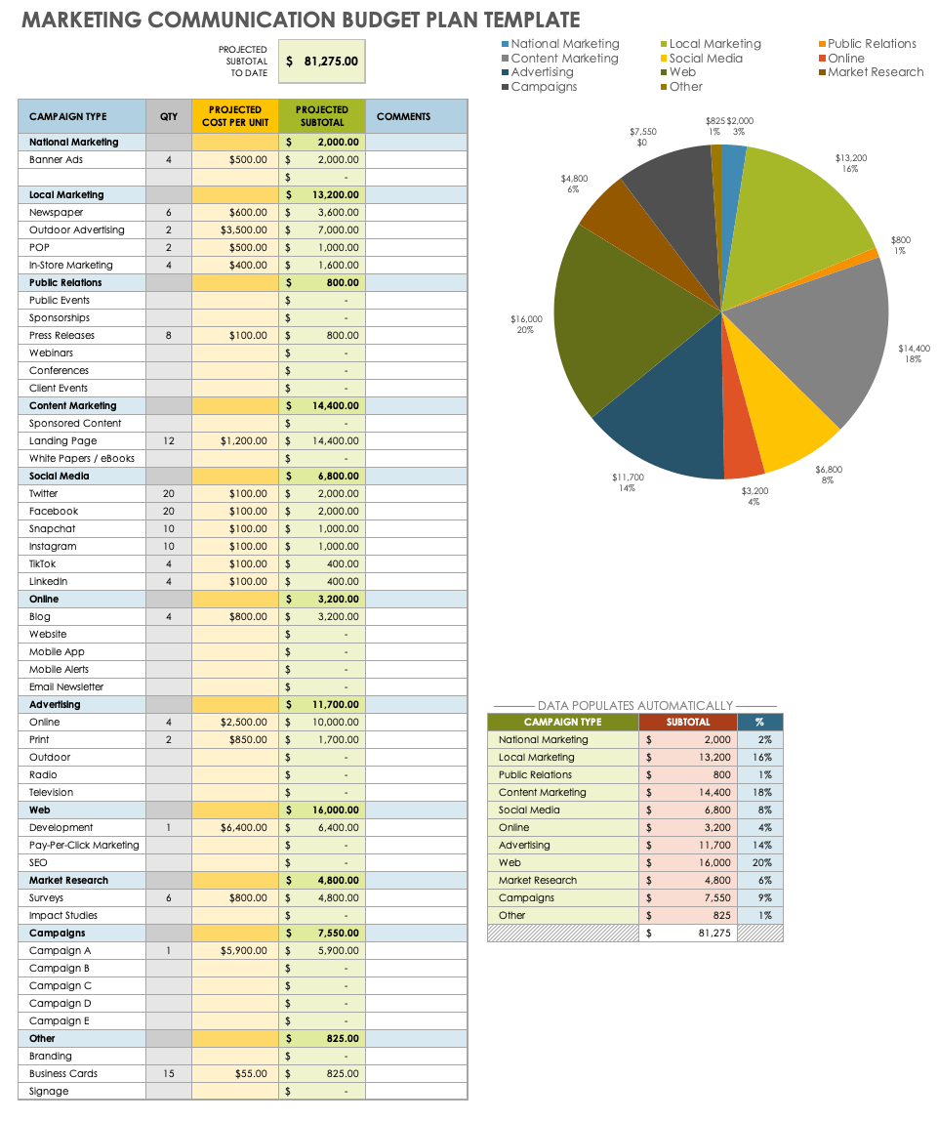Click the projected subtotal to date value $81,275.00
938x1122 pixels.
pos(322,61)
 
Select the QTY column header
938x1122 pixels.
pos(169,116)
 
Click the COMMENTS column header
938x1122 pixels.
pos(403,116)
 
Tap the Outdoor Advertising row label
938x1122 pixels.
pos(77,230)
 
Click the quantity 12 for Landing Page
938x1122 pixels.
pos(169,441)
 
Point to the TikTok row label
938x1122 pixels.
pos(43,564)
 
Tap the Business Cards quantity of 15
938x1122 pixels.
pos(169,1074)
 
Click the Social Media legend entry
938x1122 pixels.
pos(705,59)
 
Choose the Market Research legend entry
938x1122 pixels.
pos(875,72)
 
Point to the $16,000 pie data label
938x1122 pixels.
pos(526,319)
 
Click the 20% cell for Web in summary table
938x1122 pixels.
pos(760,863)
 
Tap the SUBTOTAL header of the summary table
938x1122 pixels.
pos(688,723)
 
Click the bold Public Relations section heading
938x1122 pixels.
pos(65,283)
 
